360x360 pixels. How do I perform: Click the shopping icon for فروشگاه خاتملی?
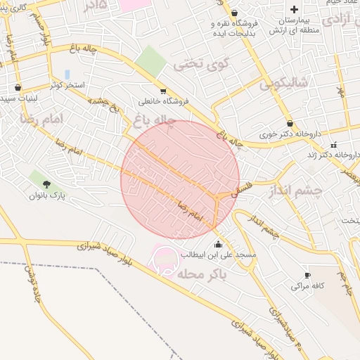pyautogui.click(x=163, y=91)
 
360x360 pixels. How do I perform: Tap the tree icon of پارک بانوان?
pyautogui.click(x=47, y=184)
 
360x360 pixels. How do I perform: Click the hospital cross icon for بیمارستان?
pyautogui.click(x=294, y=9)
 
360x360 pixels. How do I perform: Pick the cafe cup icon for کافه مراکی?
pyautogui.click(x=307, y=275)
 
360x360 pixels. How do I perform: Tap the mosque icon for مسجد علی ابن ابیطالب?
pyautogui.click(x=217, y=244)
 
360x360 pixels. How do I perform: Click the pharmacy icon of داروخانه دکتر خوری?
pyautogui.click(x=290, y=123)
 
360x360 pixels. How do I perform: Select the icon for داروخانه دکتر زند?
pyautogui.click(x=333, y=146)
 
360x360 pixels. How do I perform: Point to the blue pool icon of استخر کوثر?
pyautogui.click(x=67, y=74)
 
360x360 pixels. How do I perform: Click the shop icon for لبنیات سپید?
pyautogui.click(x=18, y=89)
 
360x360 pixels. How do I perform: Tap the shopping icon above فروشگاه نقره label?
pyautogui.click(x=234, y=13)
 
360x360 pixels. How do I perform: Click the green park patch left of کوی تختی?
pyautogui.click(x=150, y=60)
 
